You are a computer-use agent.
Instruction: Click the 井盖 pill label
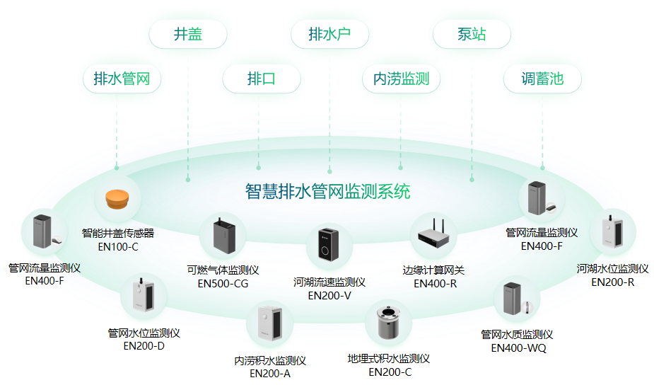(x=188, y=35)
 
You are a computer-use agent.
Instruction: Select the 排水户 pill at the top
(x=329, y=35)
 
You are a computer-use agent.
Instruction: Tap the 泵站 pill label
(x=472, y=35)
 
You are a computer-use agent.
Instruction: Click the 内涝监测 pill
(x=401, y=79)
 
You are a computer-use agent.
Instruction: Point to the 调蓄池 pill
(x=542, y=79)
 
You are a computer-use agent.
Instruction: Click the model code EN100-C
(x=118, y=247)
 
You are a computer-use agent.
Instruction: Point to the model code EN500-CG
(x=223, y=284)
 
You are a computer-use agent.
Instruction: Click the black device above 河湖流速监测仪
(x=329, y=244)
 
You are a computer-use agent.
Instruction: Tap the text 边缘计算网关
(x=433, y=270)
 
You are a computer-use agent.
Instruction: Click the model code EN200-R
(x=613, y=282)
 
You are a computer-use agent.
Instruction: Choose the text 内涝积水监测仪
(x=270, y=361)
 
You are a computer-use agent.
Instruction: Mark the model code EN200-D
(x=144, y=346)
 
